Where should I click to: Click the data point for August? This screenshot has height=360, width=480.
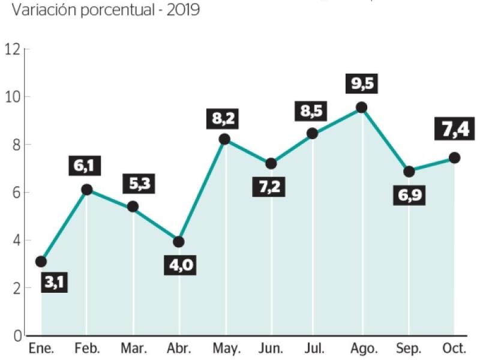pos(361,107)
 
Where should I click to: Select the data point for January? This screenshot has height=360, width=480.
pos(41,262)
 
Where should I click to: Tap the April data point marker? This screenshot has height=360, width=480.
pos(179,242)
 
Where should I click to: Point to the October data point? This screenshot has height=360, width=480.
pos(454,158)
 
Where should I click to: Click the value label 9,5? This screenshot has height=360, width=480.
pos(362,83)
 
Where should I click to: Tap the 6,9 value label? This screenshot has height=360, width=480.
pos(409,196)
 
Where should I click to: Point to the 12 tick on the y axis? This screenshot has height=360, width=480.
pos(12,49)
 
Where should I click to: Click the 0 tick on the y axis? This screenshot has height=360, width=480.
pos(16,336)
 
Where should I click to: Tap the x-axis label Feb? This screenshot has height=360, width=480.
pos(86,349)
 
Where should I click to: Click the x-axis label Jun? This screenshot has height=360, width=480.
pos(271,349)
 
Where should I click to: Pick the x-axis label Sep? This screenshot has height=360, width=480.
pos(409,349)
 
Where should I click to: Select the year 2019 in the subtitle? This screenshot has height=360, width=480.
pos(184,10)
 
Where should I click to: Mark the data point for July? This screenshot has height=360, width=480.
pos(313,134)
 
